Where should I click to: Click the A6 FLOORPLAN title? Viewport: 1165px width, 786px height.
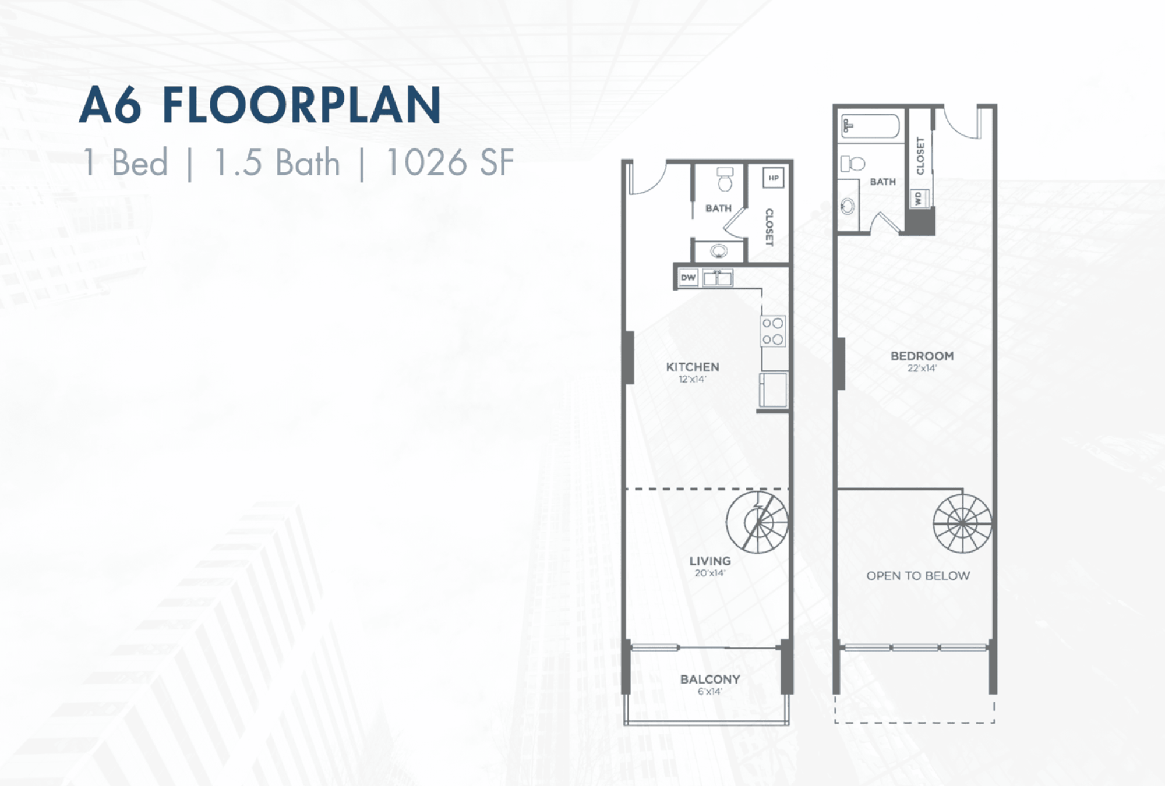[x=260, y=105]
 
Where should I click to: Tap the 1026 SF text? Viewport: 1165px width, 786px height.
[x=450, y=162]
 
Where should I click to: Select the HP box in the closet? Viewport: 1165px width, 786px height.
[x=773, y=178]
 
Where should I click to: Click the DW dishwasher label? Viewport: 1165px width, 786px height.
[x=688, y=278]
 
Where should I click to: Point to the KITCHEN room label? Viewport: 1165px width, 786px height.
[x=693, y=367]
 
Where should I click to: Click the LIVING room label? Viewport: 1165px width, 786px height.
[x=710, y=561]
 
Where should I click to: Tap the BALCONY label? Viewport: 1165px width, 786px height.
[x=710, y=679]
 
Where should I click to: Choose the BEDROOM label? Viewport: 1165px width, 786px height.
[x=922, y=356]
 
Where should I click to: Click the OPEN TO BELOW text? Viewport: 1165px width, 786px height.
[x=918, y=576]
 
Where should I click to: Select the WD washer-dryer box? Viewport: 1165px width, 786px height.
[x=919, y=198]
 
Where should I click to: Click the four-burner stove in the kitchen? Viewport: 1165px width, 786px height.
[x=773, y=331]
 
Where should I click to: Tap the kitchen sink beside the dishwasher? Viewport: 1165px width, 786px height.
[x=717, y=278]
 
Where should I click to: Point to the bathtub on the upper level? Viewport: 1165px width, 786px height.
[x=870, y=126]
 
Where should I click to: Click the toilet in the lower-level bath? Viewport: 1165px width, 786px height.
[x=725, y=179]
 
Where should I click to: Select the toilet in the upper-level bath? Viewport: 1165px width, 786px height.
[x=852, y=164]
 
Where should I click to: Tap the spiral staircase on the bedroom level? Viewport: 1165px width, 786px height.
[x=962, y=523]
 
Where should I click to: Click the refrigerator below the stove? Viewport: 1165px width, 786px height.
[x=774, y=390]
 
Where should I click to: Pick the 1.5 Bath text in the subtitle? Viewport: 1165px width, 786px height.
[x=277, y=162]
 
